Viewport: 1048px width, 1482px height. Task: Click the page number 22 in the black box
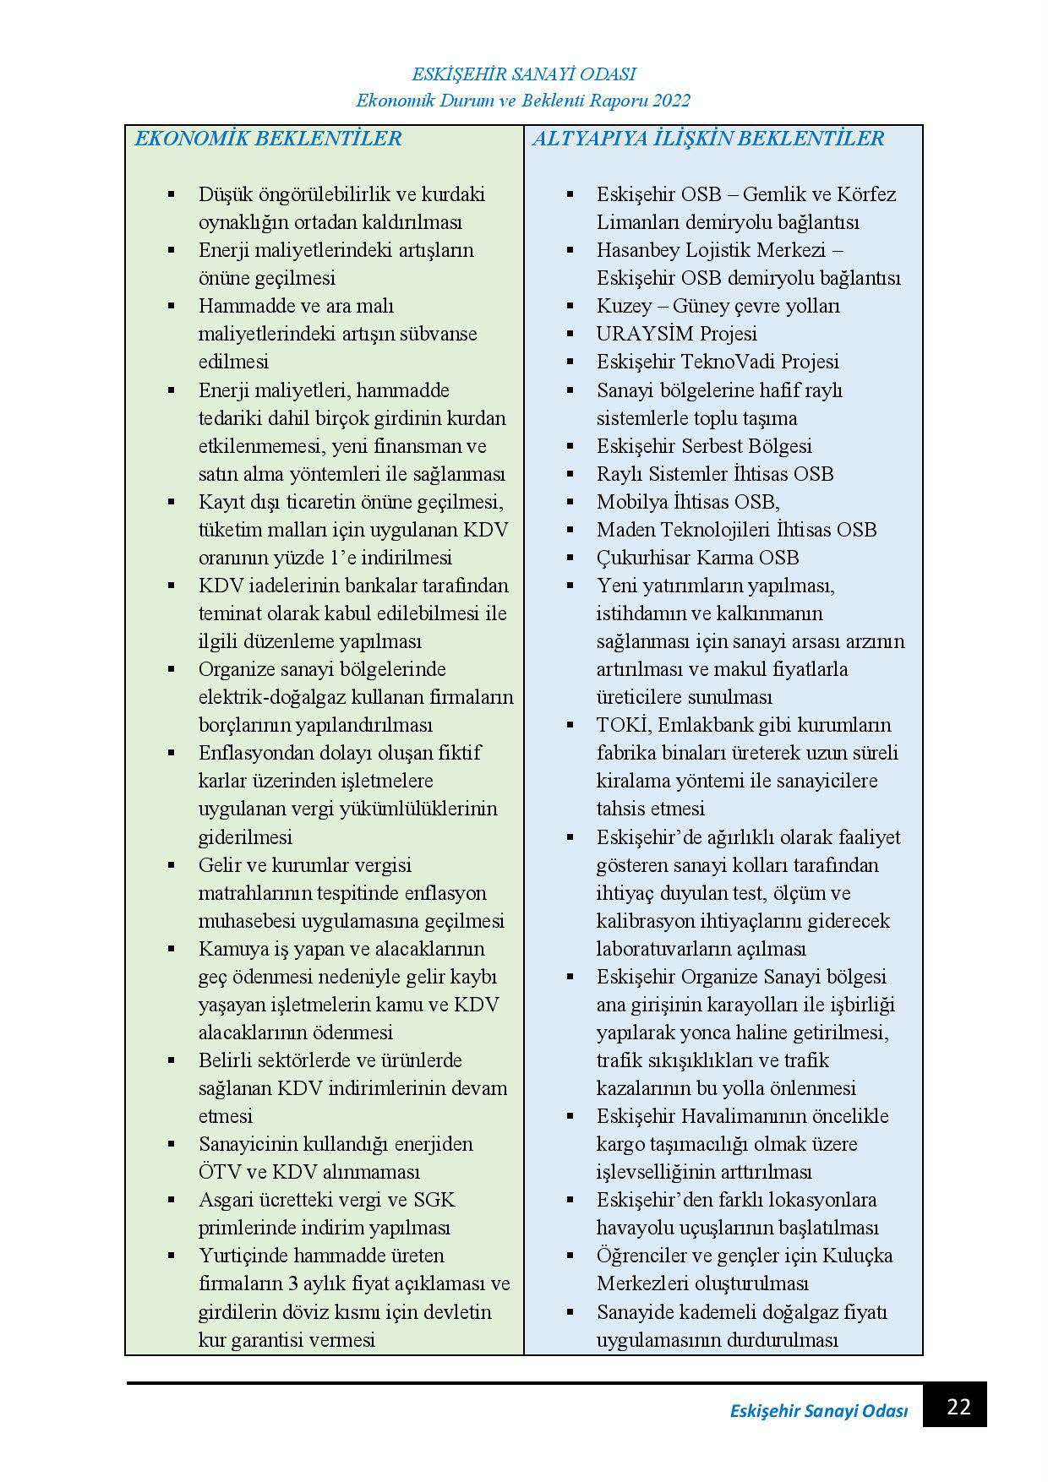coord(958,1408)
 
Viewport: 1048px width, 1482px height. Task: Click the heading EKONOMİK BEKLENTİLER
coord(268,139)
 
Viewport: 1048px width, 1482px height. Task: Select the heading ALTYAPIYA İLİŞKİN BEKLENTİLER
coord(707,139)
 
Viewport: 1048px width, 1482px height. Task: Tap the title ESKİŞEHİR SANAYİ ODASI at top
coord(523,75)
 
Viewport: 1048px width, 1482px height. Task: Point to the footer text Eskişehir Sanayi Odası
coord(818,1411)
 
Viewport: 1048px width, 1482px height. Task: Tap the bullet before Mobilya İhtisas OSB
coord(570,502)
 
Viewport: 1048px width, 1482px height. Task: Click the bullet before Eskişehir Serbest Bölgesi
coord(570,445)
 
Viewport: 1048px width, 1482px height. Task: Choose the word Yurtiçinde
coord(248,1256)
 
